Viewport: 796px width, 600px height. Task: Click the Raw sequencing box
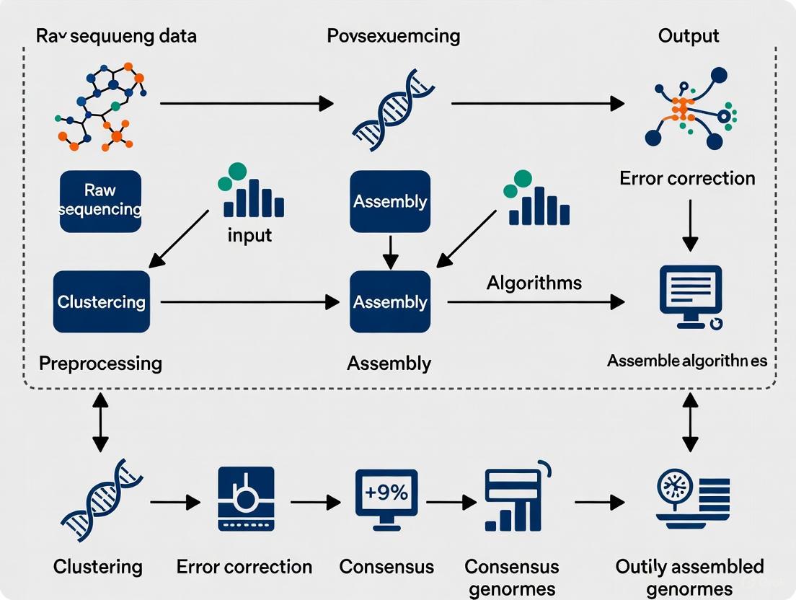[x=100, y=201]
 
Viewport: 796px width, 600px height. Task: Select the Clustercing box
[x=102, y=301]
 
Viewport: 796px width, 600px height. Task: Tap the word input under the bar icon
[x=249, y=236]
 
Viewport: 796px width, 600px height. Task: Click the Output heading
[x=689, y=36]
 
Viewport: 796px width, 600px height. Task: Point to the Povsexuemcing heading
[x=393, y=36]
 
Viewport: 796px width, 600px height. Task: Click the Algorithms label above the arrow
[x=534, y=282]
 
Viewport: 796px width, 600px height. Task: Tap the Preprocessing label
[x=100, y=363]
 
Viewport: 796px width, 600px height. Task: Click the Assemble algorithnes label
[x=687, y=361]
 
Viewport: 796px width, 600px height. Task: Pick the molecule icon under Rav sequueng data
[x=100, y=105]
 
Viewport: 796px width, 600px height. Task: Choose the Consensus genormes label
[x=512, y=577]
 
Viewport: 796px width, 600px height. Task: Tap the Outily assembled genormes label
[x=689, y=577]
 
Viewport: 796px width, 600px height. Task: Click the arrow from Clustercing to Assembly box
[x=249, y=302]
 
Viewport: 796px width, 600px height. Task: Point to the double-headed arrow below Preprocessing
[x=100, y=422]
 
